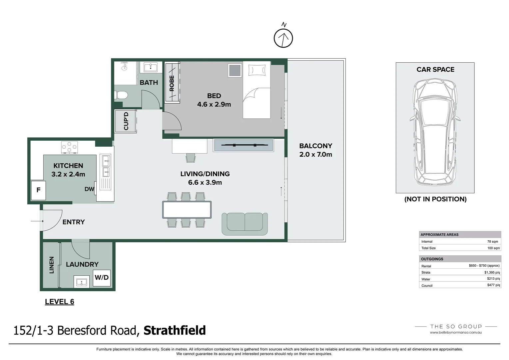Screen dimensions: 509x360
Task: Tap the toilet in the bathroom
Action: coord(121,95)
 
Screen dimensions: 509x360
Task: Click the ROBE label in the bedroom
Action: coord(172,83)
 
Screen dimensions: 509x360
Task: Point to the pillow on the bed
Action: coord(257,70)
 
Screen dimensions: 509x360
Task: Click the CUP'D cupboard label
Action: coord(126,121)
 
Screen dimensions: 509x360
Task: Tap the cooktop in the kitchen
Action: coord(70,147)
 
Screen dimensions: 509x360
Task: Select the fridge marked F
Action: coord(38,190)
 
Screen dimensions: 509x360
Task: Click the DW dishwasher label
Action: coord(89,189)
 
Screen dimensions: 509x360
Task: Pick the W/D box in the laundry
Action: coord(102,278)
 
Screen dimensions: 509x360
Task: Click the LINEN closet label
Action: coord(52,265)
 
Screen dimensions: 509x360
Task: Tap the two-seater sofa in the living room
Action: coord(245,224)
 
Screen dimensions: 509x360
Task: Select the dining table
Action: coord(187,210)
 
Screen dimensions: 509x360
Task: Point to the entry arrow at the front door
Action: coord(37,221)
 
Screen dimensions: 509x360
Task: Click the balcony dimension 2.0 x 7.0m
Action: coord(315,154)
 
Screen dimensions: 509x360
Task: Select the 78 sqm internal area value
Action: coord(493,242)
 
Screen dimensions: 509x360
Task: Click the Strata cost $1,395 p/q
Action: coord(492,272)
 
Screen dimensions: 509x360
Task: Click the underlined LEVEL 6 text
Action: coord(60,302)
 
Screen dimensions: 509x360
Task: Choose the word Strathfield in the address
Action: coord(175,330)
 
